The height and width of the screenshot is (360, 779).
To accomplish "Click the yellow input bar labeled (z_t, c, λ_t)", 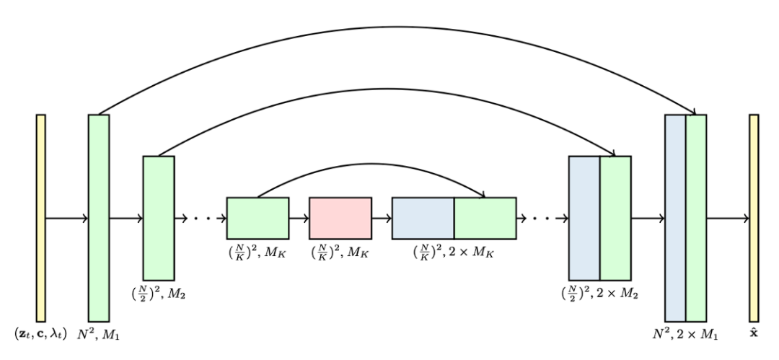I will (x=40, y=217).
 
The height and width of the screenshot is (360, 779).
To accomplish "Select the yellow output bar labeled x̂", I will (x=754, y=217).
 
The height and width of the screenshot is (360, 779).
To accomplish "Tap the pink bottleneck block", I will (x=340, y=218).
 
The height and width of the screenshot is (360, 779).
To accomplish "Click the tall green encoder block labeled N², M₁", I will (x=99, y=217).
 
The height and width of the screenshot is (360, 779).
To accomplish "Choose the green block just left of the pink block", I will (x=258, y=218).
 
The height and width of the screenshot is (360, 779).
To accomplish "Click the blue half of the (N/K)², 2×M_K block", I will (x=423, y=218).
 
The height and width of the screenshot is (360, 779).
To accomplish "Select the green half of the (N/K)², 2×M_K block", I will (x=485, y=218).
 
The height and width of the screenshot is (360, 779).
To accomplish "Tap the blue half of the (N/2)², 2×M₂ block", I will (x=584, y=218).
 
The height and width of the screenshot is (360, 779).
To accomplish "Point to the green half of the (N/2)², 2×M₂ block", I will (x=615, y=218).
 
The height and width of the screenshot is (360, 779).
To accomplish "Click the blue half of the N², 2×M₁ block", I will (x=675, y=217).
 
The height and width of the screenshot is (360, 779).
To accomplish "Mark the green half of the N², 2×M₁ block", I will (x=696, y=217).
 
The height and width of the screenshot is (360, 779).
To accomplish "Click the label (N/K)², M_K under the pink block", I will (x=340, y=253).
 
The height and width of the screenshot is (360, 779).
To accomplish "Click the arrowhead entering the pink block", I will (x=306, y=218).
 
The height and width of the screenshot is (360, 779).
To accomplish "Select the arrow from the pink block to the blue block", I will (x=382, y=218).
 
